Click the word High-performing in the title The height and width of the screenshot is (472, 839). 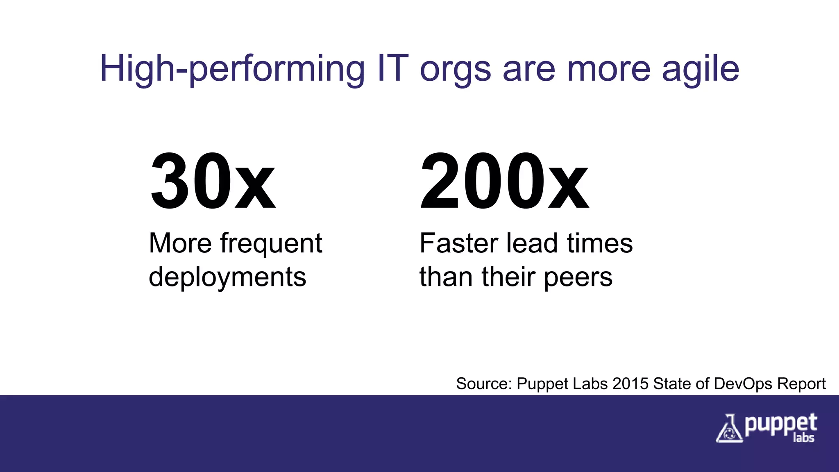(x=232, y=69)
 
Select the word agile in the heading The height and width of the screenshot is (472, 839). (x=700, y=69)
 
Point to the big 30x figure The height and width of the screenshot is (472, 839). (x=213, y=181)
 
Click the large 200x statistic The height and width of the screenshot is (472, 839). (x=504, y=181)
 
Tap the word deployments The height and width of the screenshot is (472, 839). (x=227, y=278)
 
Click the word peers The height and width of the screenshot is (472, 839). (x=578, y=278)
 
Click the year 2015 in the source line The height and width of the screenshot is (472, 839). (x=630, y=384)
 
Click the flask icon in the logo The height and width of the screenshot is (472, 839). (x=729, y=429)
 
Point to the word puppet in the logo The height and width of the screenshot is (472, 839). (x=780, y=425)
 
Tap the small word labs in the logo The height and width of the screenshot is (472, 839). (x=803, y=438)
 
